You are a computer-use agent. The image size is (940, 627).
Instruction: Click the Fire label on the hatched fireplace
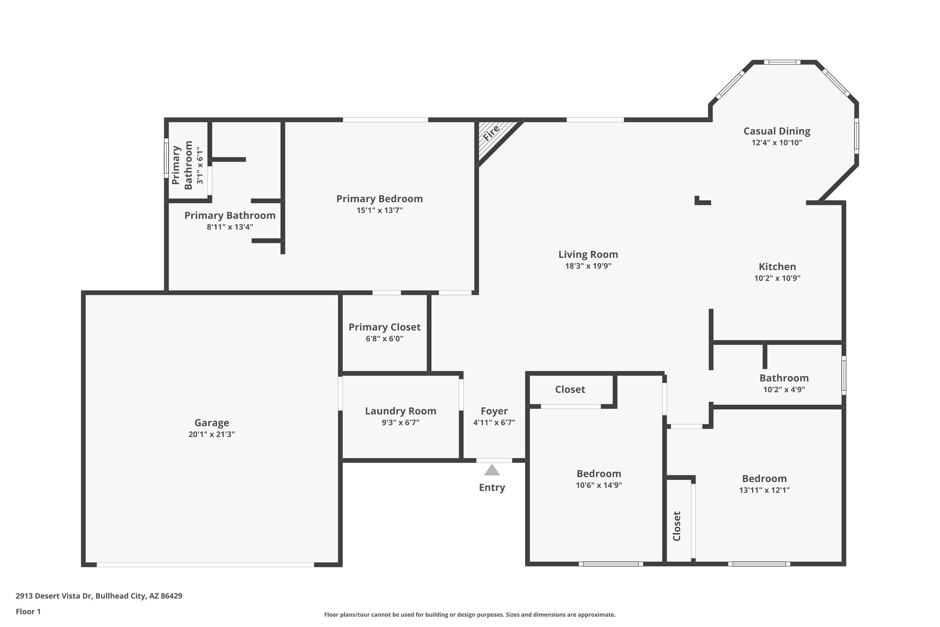(492, 133)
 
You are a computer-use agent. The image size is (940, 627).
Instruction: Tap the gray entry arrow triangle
(492, 470)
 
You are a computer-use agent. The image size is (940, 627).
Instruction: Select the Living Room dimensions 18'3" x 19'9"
(588, 266)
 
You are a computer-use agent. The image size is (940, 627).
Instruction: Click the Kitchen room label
(777, 266)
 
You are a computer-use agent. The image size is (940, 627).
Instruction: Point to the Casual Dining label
(777, 131)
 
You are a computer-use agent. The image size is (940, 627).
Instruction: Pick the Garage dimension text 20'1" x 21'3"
(212, 434)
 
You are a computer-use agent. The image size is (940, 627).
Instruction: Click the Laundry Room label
(400, 411)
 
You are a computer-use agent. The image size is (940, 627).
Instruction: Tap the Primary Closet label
(384, 327)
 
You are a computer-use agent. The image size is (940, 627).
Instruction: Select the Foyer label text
(494, 411)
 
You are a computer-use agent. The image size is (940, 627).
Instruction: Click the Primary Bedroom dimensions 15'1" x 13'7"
(379, 210)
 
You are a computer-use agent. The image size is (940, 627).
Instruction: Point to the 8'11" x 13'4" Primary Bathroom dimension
(230, 227)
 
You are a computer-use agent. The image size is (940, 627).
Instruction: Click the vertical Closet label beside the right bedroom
(677, 526)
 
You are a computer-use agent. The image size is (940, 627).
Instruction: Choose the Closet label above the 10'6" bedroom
(570, 390)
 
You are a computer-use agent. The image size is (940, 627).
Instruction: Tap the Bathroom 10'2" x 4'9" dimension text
(783, 390)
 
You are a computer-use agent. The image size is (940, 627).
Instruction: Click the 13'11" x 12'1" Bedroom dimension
(764, 490)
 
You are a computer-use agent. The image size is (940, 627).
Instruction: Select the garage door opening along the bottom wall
(205, 565)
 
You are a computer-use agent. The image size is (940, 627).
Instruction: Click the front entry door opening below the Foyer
(494, 460)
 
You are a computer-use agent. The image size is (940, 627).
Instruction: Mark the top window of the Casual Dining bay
(782, 62)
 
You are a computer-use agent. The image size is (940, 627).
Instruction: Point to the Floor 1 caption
(28, 611)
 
